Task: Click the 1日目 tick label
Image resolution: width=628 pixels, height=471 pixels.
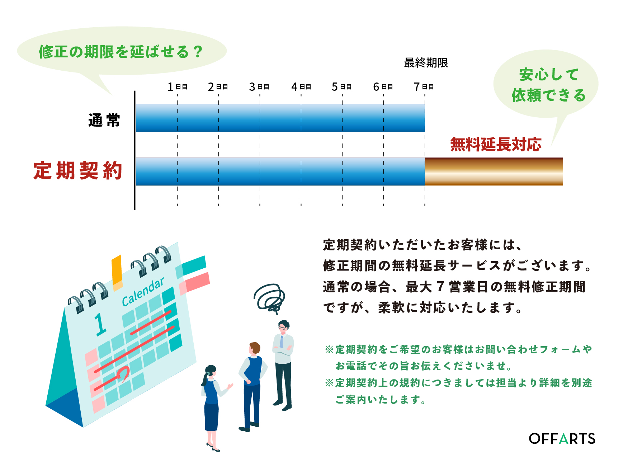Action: [178, 87]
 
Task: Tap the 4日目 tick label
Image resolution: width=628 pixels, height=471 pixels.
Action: [301, 87]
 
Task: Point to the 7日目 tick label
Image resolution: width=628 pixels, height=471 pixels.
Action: [424, 87]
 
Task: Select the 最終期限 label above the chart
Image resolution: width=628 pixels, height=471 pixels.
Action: [426, 63]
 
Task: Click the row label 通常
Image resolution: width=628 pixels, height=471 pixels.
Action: [104, 120]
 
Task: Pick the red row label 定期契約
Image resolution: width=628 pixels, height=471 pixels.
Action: [78, 170]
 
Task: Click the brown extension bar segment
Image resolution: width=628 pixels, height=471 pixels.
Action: [494, 171]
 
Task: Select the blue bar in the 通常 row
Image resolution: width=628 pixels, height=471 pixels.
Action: [280, 118]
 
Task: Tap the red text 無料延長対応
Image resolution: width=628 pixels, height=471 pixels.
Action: [496, 144]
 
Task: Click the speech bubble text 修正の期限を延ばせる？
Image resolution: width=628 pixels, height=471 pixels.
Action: [121, 52]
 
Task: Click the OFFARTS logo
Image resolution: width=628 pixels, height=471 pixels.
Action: [562, 438]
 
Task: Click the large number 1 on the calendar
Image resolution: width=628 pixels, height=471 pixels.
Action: [100, 324]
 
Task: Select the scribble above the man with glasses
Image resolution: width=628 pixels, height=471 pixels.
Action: [269, 298]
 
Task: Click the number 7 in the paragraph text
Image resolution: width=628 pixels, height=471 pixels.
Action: [440, 287]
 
